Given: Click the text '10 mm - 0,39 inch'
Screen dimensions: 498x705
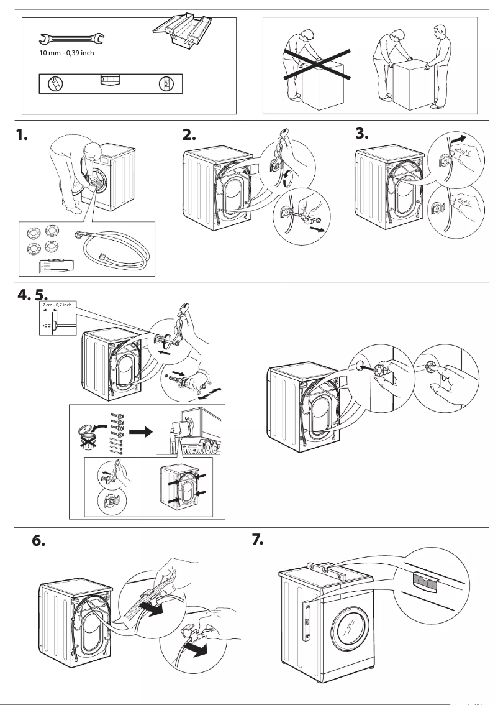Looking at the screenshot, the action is pos(66,53).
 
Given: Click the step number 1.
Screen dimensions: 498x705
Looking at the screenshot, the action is pos(23,135).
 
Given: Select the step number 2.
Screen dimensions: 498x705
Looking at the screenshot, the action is pos(189,135).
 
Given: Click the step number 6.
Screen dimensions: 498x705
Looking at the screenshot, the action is pos(38,541).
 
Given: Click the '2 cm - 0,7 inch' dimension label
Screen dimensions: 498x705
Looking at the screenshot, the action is pos(58,305).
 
